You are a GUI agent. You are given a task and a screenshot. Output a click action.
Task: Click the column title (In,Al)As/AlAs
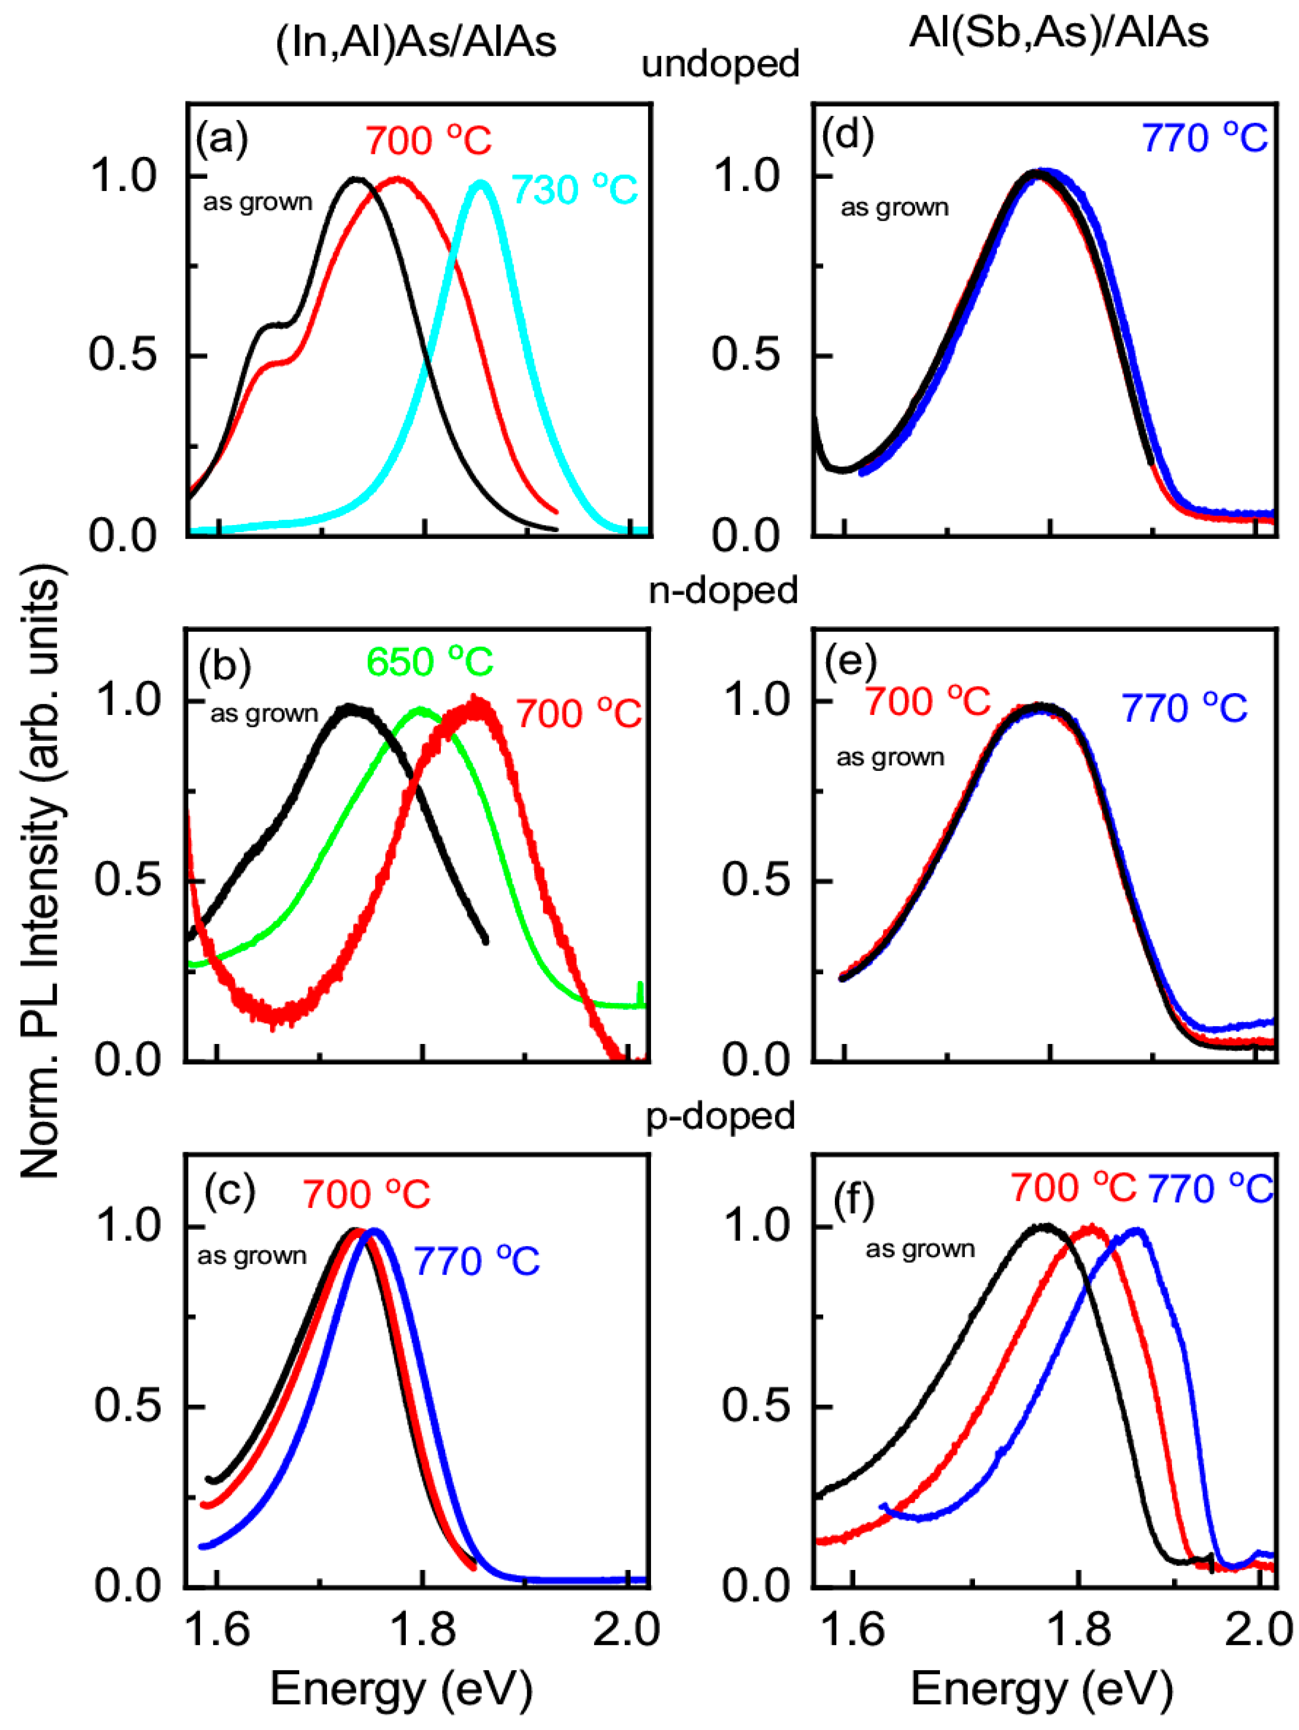click(x=415, y=41)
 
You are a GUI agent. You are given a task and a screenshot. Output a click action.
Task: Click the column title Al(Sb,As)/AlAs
click(x=1058, y=33)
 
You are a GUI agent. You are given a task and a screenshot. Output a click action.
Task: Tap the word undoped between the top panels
click(x=720, y=64)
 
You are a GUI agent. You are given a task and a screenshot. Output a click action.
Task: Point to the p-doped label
click(x=720, y=1116)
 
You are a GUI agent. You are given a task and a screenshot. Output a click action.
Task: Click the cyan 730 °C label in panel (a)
click(x=574, y=190)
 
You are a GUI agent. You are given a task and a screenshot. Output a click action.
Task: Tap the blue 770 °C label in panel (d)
click(x=1205, y=139)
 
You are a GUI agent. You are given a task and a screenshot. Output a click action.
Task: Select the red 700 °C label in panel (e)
click(x=927, y=702)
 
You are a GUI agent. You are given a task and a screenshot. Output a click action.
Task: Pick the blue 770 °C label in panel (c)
click(x=476, y=1261)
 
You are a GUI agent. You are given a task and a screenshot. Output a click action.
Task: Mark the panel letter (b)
click(x=224, y=665)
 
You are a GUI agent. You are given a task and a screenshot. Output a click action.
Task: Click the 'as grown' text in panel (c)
click(x=252, y=1257)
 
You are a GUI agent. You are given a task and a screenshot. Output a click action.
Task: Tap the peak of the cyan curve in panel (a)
click(x=481, y=184)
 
